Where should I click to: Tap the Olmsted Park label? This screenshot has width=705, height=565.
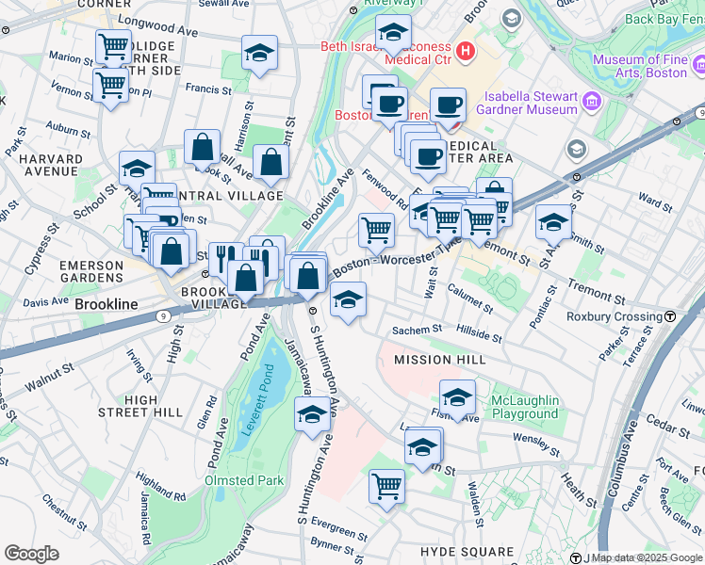(244, 480)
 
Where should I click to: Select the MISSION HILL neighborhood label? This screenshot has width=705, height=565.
(439, 360)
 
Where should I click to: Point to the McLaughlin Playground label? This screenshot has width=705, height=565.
(516, 407)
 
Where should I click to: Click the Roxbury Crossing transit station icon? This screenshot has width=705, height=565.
(669, 316)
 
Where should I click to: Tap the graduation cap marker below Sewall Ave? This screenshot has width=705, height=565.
(259, 55)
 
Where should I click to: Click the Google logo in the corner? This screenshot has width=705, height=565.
(31, 554)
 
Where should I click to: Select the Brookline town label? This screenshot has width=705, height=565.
(107, 305)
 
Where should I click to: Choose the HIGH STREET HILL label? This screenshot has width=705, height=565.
(140, 406)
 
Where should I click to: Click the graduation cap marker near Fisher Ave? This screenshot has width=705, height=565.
(457, 397)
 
